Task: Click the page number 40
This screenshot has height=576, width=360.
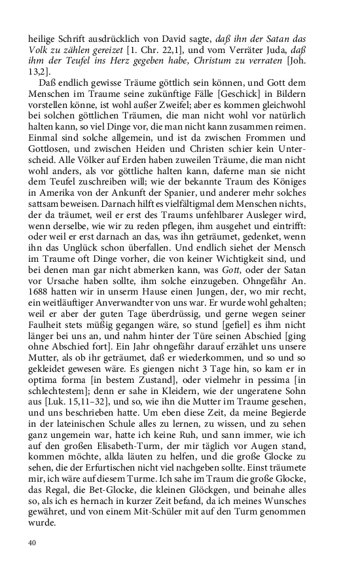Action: coord(31,543)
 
